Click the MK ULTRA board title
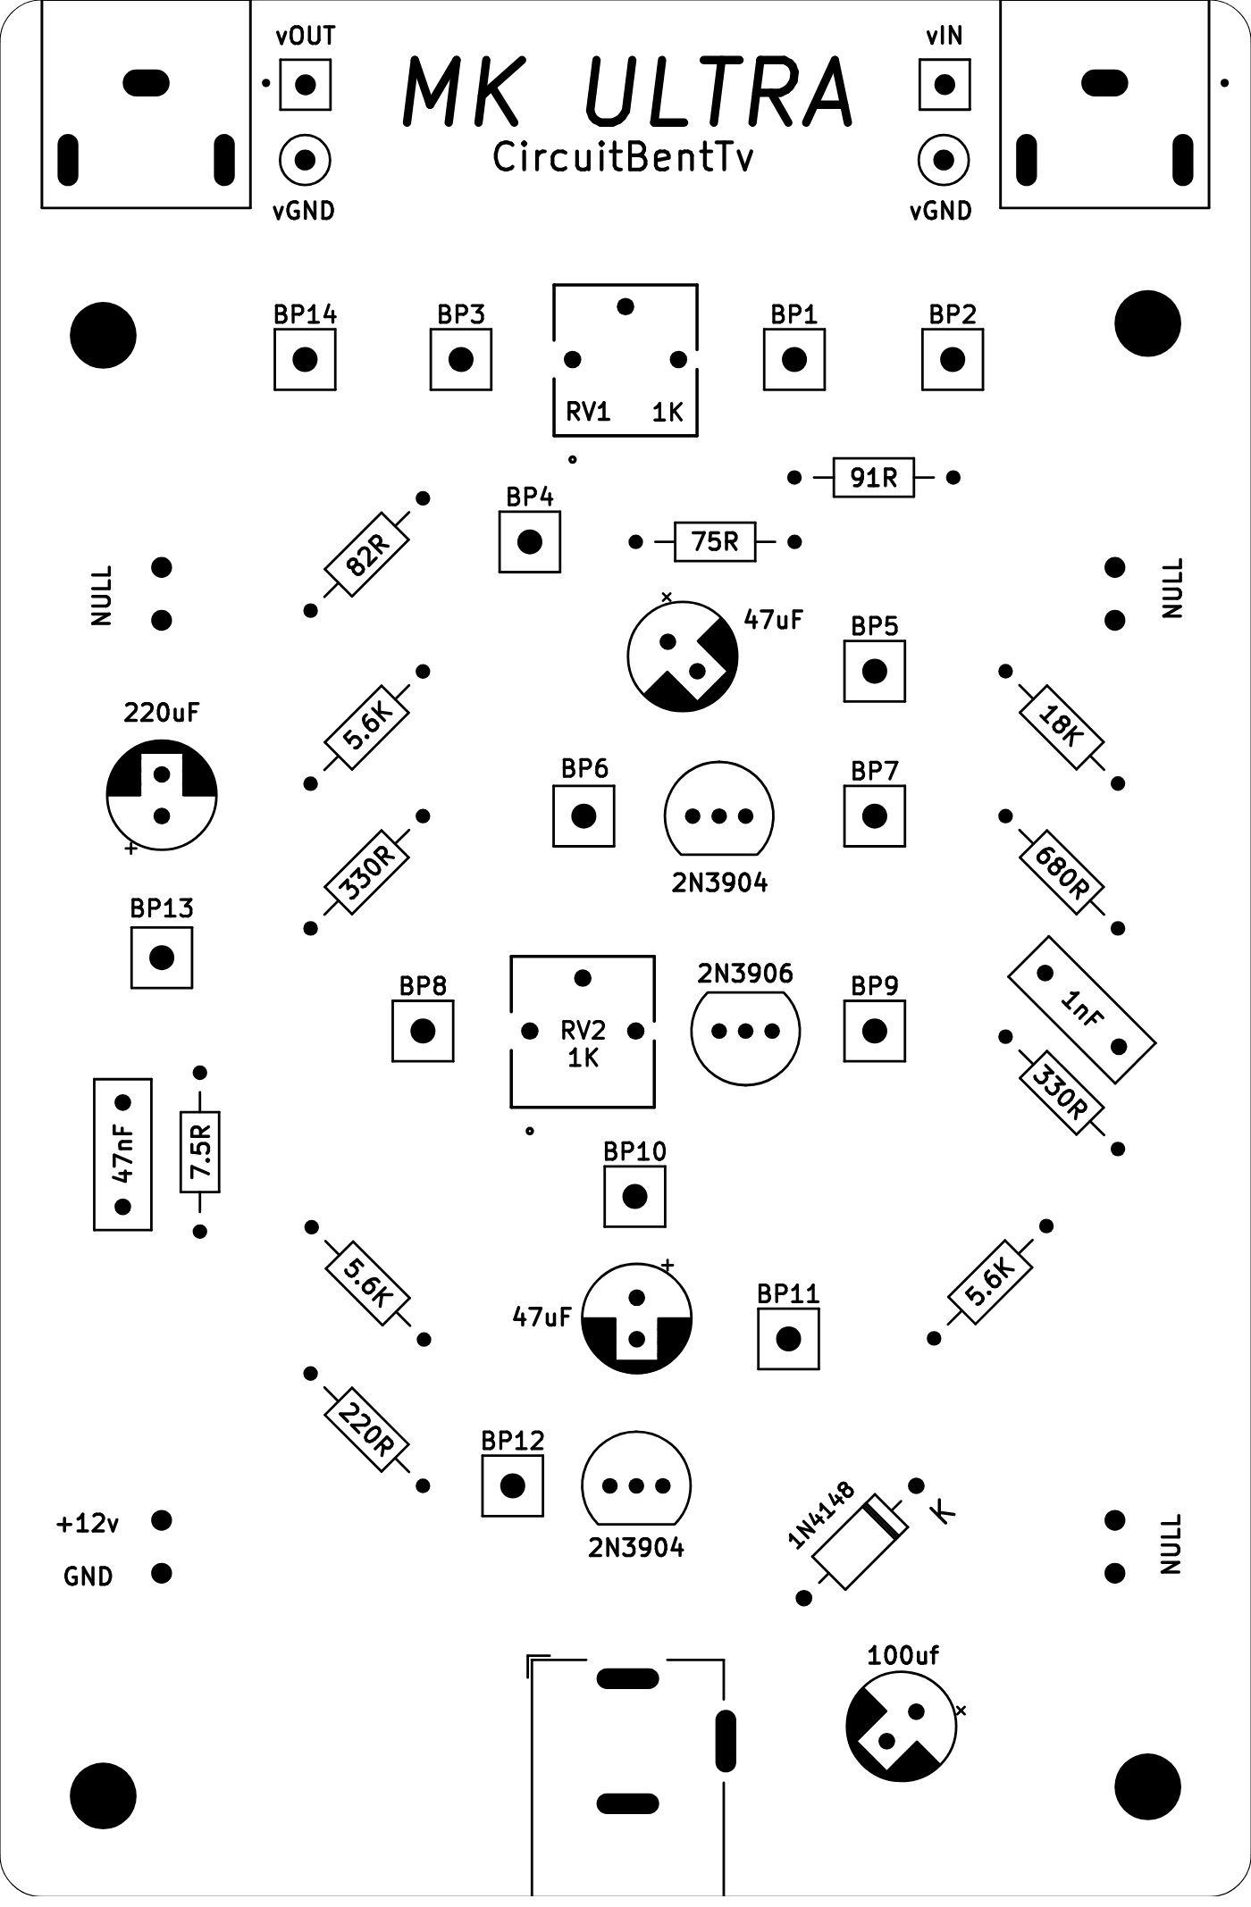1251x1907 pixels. coord(628,91)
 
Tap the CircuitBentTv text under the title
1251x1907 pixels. coord(623,158)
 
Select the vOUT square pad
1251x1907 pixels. coord(306,85)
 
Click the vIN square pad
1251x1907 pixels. coord(945,85)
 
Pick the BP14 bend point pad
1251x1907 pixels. coord(305,359)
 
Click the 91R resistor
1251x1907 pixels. coord(873,478)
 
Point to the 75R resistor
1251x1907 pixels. coord(715,541)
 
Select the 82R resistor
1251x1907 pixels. coord(367,555)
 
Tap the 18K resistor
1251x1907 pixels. coord(1062,727)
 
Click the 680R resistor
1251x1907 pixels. coord(1062,873)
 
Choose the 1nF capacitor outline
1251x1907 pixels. coord(1081,1009)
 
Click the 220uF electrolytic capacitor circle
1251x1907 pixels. coord(162,795)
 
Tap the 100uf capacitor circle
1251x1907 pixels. coord(901,1726)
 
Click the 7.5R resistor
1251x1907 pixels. coord(200,1152)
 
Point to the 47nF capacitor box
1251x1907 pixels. coord(123,1154)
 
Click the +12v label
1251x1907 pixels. coord(87,1523)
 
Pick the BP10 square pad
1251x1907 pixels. coord(634,1196)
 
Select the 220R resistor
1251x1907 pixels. coord(367,1430)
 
